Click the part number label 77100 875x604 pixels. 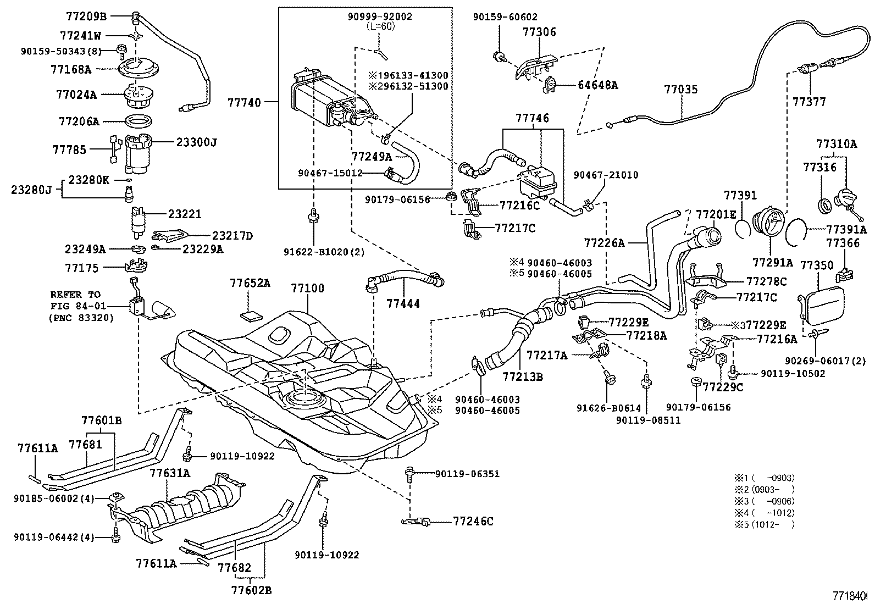[x=307, y=288]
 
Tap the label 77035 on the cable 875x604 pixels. [x=680, y=89]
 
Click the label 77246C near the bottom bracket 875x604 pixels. [x=473, y=521]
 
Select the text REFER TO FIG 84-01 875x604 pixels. [x=75, y=306]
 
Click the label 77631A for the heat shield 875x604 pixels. [x=170, y=473]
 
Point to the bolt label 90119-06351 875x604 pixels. [x=467, y=473]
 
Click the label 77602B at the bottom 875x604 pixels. [x=251, y=590]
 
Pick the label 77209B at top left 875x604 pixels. [x=86, y=16]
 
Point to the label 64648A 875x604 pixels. [x=597, y=85]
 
